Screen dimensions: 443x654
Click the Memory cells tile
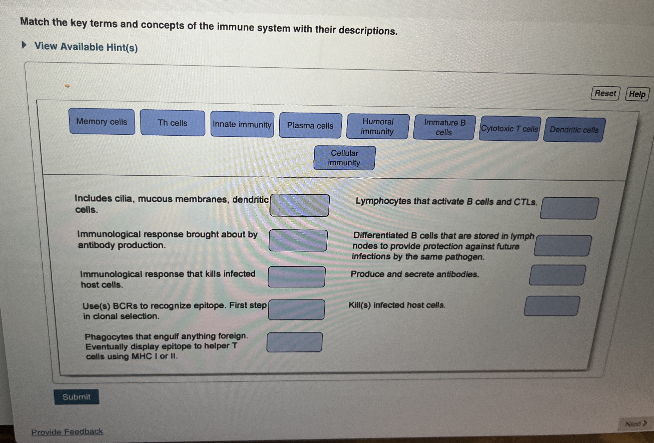point(102,122)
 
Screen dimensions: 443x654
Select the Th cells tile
point(173,123)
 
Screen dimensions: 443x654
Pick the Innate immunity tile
point(242,125)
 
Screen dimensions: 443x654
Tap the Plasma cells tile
point(310,126)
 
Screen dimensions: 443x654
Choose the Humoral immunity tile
point(378,126)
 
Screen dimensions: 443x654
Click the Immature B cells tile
point(444,128)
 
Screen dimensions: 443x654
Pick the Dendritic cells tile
point(574,130)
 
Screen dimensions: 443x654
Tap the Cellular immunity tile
point(344,158)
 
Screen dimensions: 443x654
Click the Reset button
point(605,93)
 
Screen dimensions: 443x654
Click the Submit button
point(77,397)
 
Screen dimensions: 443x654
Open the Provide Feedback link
point(67,431)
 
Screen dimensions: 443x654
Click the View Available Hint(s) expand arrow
point(24,45)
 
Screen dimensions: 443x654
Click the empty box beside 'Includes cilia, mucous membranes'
point(299,206)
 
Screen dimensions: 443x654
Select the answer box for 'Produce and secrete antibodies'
point(557,275)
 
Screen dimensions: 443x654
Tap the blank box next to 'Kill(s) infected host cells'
point(552,306)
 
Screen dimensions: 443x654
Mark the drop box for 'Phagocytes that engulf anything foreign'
point(294,342)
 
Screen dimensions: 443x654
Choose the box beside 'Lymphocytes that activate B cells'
point(569,208)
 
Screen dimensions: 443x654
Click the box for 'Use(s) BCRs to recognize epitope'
point(296,310)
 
